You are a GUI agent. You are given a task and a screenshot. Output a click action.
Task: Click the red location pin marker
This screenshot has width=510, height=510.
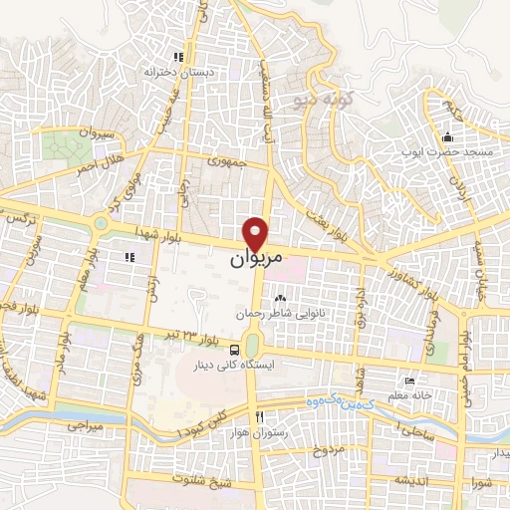pos(257,233)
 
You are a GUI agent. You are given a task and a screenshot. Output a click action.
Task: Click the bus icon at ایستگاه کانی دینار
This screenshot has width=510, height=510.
pos(234,350)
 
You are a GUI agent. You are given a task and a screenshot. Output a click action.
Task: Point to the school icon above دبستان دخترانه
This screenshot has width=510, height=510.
pos(178,57)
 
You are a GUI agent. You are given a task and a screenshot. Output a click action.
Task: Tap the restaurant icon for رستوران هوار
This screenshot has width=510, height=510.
pos(259,416)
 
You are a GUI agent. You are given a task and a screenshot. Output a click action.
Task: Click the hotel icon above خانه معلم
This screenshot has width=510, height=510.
pos(409,381)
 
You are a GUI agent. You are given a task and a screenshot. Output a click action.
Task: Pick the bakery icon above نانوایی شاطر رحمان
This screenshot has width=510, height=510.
pos(280,297)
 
